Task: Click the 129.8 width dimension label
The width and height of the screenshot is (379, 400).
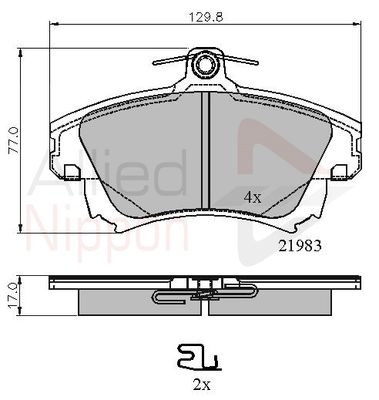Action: pos(206,16)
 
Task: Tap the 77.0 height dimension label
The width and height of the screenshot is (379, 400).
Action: pos(14,141)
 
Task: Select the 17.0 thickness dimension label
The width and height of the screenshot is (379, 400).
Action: pos(13,295)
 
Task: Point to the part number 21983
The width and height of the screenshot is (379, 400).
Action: pos(300,246)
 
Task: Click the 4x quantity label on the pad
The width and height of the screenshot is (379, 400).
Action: pos(252,198)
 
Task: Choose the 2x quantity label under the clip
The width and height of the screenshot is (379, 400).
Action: pos(202,385)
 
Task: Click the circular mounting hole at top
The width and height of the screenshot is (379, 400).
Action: pos(203,64)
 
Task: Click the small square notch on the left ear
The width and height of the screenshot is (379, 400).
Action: pos(73,171)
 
